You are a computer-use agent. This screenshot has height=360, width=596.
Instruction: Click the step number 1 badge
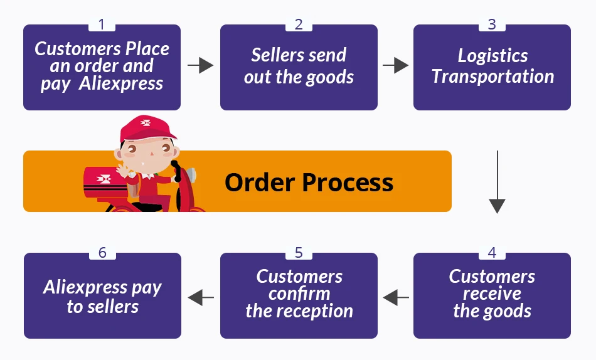[x=102, y=24]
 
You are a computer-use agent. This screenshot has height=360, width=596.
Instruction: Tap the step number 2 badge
[x=299, y=24]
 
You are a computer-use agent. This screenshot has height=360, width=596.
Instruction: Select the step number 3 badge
[x=492, y=24]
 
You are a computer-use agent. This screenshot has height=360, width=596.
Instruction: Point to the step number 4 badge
[x=492, y=253]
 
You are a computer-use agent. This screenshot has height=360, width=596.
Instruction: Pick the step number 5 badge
[x=299, y=253]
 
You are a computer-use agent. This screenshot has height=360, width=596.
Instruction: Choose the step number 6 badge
[x=102, y=253]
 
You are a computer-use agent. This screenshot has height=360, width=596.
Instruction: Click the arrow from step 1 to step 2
[x=200, y=65]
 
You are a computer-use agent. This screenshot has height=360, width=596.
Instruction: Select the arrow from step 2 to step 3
[x=395, y=65]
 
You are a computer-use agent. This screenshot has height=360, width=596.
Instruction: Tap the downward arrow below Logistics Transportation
[x=497, y=182]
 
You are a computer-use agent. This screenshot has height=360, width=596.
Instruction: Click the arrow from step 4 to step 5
[x=395, y=296]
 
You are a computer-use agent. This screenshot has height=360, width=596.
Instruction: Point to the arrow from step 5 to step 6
[x=200, y=296]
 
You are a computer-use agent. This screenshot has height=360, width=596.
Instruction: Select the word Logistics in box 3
[x=492, y=56]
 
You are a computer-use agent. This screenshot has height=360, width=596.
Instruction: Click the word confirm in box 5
[x=299, y=294]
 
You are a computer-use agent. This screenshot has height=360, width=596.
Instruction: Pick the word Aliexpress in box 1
[x=121, y=83]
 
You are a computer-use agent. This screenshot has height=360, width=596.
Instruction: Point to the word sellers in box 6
[x=112, y=307]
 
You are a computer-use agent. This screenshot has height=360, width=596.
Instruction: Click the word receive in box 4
[x=492, y=294]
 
